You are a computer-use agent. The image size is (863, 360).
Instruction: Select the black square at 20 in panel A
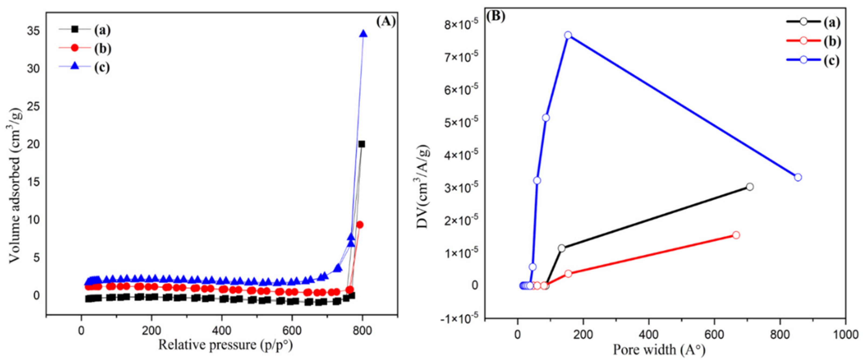click(x=361, y=144)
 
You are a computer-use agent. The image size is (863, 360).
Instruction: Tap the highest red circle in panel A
click(x=360, y=225)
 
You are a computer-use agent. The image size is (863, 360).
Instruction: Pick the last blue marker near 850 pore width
click(x=798, y=177)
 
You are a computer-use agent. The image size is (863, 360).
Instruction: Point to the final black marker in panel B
click(x=750, y=187)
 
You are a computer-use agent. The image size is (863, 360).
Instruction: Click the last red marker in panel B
click(x=736, y=235)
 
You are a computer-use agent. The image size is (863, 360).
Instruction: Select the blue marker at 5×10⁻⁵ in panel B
click(x=546, y=117)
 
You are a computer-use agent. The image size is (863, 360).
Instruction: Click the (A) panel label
click(x=386, y=22)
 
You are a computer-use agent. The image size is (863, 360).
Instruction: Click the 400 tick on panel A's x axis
click(x=221, y=331)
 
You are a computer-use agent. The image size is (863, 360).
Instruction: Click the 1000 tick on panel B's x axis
click(x=845, y=335)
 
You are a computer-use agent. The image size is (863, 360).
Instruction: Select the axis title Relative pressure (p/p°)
click(x=225, y=345)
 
